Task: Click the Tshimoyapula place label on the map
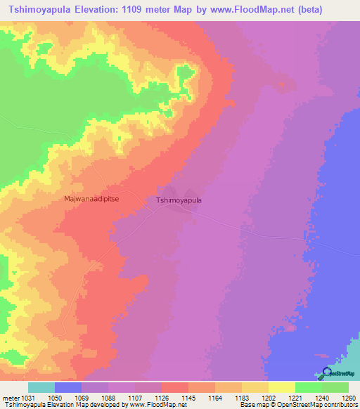point(179,200)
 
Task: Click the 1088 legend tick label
point(108,398)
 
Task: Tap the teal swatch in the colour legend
point(41,387)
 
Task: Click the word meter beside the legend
point(11,398)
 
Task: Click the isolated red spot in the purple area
point(282,86)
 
